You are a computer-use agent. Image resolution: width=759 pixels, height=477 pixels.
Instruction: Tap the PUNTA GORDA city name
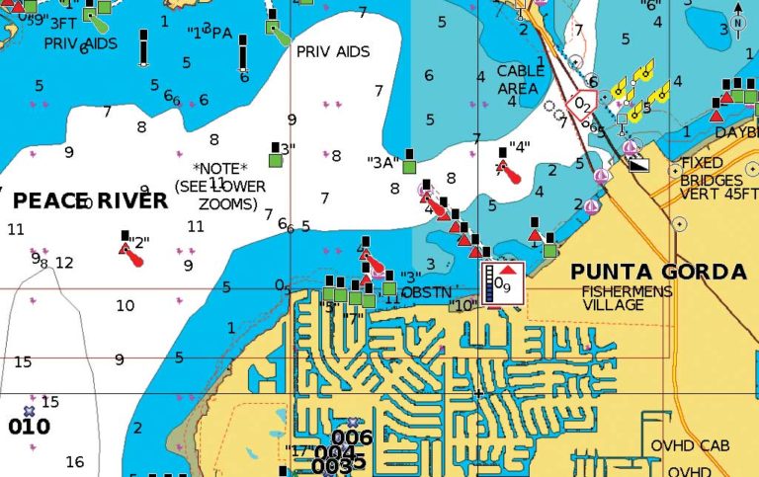(658, 272)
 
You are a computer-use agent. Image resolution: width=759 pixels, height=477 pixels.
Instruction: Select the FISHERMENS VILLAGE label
(627, 298)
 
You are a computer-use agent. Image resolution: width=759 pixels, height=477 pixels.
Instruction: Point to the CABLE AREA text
(520, 80)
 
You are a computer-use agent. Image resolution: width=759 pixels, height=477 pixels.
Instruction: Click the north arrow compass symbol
(737, 20)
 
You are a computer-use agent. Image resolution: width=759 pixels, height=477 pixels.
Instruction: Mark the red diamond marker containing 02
(583, 102)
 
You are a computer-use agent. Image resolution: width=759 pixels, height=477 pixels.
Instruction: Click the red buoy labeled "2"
(131, 254)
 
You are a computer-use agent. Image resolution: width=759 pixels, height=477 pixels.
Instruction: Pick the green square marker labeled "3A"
(408, 167)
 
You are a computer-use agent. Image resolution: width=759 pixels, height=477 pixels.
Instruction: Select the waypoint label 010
(29, 427)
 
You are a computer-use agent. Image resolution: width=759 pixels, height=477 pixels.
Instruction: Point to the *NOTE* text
(221, 168)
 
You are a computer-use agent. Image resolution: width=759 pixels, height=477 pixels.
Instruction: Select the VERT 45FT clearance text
(720, 194)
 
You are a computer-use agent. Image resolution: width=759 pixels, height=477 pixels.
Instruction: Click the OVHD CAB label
(690, 446)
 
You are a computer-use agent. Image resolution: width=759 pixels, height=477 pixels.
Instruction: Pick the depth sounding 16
(74, 461)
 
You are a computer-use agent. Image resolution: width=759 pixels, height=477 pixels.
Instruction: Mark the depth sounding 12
(64, 263)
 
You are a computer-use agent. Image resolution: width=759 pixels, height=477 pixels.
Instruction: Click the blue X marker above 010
(29, 409)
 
